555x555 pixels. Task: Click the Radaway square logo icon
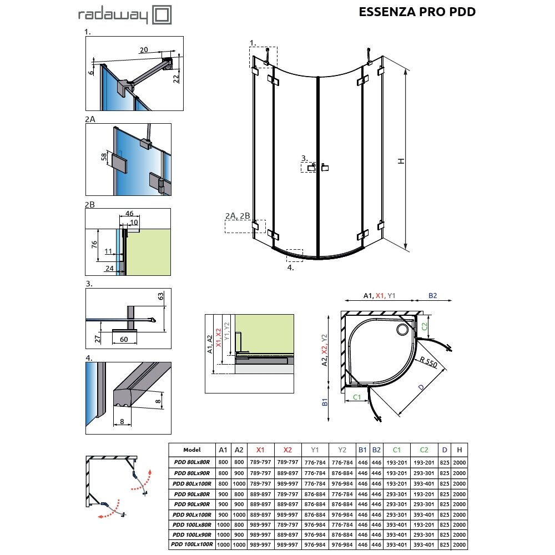[x=162, y=15]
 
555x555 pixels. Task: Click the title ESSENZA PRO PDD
[x=417, y=12]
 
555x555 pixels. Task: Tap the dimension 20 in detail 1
[x=144, y=50]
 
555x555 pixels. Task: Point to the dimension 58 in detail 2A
[x=104, y=157]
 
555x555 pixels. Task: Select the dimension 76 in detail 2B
[x=94, y=244]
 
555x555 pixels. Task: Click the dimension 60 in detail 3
[x=124, y=339]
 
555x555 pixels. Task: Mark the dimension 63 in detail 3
[x=161, y=296]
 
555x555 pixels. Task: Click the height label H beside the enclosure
[x=401, y=161]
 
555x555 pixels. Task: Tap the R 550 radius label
[x=428, y=362]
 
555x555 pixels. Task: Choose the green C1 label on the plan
[x=357, y=397]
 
